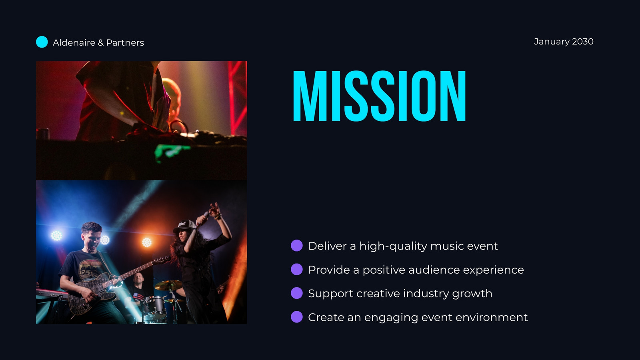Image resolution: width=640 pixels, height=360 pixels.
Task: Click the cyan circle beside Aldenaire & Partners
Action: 42,42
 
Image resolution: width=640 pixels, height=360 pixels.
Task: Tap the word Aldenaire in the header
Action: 74,42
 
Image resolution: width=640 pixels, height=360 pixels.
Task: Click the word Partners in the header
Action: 125,42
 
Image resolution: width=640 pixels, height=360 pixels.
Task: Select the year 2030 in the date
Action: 582,42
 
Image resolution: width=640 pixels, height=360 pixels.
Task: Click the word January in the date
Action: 552,42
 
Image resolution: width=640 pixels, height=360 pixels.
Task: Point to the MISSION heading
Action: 380,96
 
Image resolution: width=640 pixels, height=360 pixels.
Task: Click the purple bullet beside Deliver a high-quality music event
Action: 296,246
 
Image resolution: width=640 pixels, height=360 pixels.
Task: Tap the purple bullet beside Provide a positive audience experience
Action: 296,269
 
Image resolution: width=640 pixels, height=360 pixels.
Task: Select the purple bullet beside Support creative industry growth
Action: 296,293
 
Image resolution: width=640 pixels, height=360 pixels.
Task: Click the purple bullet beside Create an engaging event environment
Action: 296,317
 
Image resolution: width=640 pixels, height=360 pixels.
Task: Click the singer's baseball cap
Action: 184,225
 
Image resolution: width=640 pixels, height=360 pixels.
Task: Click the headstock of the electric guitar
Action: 162,260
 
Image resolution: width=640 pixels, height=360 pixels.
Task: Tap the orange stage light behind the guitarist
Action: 147,242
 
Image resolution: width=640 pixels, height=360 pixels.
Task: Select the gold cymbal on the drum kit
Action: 168,285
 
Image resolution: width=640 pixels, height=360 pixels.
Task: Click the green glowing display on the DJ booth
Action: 171,152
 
